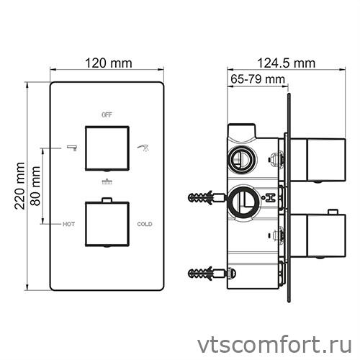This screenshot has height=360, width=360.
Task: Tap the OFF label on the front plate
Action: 107,114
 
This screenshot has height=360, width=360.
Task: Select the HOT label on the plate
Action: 69,225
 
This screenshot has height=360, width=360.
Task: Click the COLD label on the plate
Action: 145,225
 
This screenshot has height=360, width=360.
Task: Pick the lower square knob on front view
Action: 107,224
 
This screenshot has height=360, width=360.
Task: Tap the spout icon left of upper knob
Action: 71,148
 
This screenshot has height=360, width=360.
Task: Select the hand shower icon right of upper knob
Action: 144,148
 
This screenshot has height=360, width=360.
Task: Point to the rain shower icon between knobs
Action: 107,182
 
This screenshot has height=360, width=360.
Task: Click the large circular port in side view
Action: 243,201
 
